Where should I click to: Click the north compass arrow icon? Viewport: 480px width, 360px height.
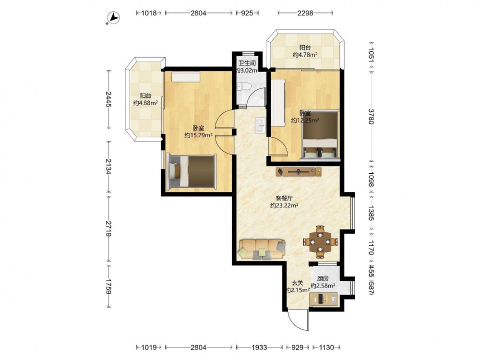(113, 18)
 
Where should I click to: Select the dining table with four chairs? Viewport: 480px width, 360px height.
(320, 241)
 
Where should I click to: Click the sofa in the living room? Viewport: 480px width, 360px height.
(262, 249)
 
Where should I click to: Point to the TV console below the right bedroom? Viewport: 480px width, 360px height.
(299, 172)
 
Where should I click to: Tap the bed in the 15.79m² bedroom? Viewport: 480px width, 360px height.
(192, 171)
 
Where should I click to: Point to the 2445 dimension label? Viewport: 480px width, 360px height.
(108, 99)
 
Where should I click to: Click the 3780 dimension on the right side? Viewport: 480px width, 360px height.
(371, 116)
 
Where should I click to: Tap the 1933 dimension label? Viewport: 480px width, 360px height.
(259, 348)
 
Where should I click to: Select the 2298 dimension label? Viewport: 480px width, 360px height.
(305, 13)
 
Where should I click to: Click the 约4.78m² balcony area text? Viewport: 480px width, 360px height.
(305, 55)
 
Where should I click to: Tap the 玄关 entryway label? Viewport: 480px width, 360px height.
(297, 284)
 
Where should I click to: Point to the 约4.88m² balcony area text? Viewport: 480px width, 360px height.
(145, 103)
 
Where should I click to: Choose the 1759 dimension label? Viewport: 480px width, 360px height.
(108, 287)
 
